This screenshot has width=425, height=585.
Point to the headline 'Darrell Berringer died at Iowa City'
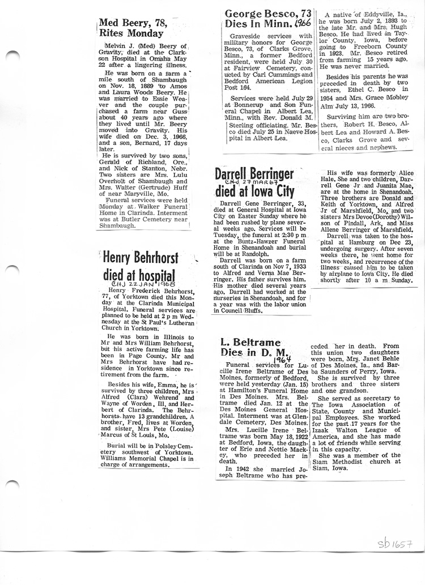coord(254,182)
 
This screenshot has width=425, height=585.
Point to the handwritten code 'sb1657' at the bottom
coord(395,545)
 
